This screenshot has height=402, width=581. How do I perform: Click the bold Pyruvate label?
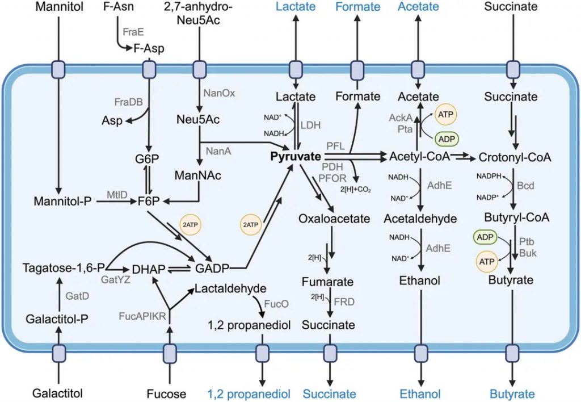click(295, 157)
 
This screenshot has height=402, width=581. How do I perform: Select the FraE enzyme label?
click(133, 32)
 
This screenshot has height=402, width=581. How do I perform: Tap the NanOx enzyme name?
click(219, 93)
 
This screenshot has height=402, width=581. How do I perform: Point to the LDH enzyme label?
click(310, 125)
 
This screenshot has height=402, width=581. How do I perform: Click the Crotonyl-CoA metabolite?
click(515, 157)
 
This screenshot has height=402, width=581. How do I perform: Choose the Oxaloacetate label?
click(334, 219)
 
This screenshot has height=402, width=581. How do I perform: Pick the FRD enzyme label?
click(344, 302)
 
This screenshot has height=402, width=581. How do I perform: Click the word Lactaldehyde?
click(230, 288)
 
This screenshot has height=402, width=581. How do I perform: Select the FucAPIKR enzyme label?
click(142, 316)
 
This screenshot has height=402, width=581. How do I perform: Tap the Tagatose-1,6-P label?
click(64, 268)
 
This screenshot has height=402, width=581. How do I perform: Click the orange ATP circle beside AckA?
click(445, 115)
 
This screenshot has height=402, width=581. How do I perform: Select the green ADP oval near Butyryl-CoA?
click(485, 237)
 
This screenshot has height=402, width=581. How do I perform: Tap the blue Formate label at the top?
click(358, 7)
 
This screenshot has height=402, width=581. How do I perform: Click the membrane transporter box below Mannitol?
click(58, 70)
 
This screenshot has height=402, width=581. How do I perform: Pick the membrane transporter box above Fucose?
click(170, 352)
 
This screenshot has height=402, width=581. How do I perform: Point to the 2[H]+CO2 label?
click(356, 190)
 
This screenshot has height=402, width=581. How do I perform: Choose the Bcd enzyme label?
click(525, 186)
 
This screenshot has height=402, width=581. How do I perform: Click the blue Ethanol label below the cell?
click(420, 394)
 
